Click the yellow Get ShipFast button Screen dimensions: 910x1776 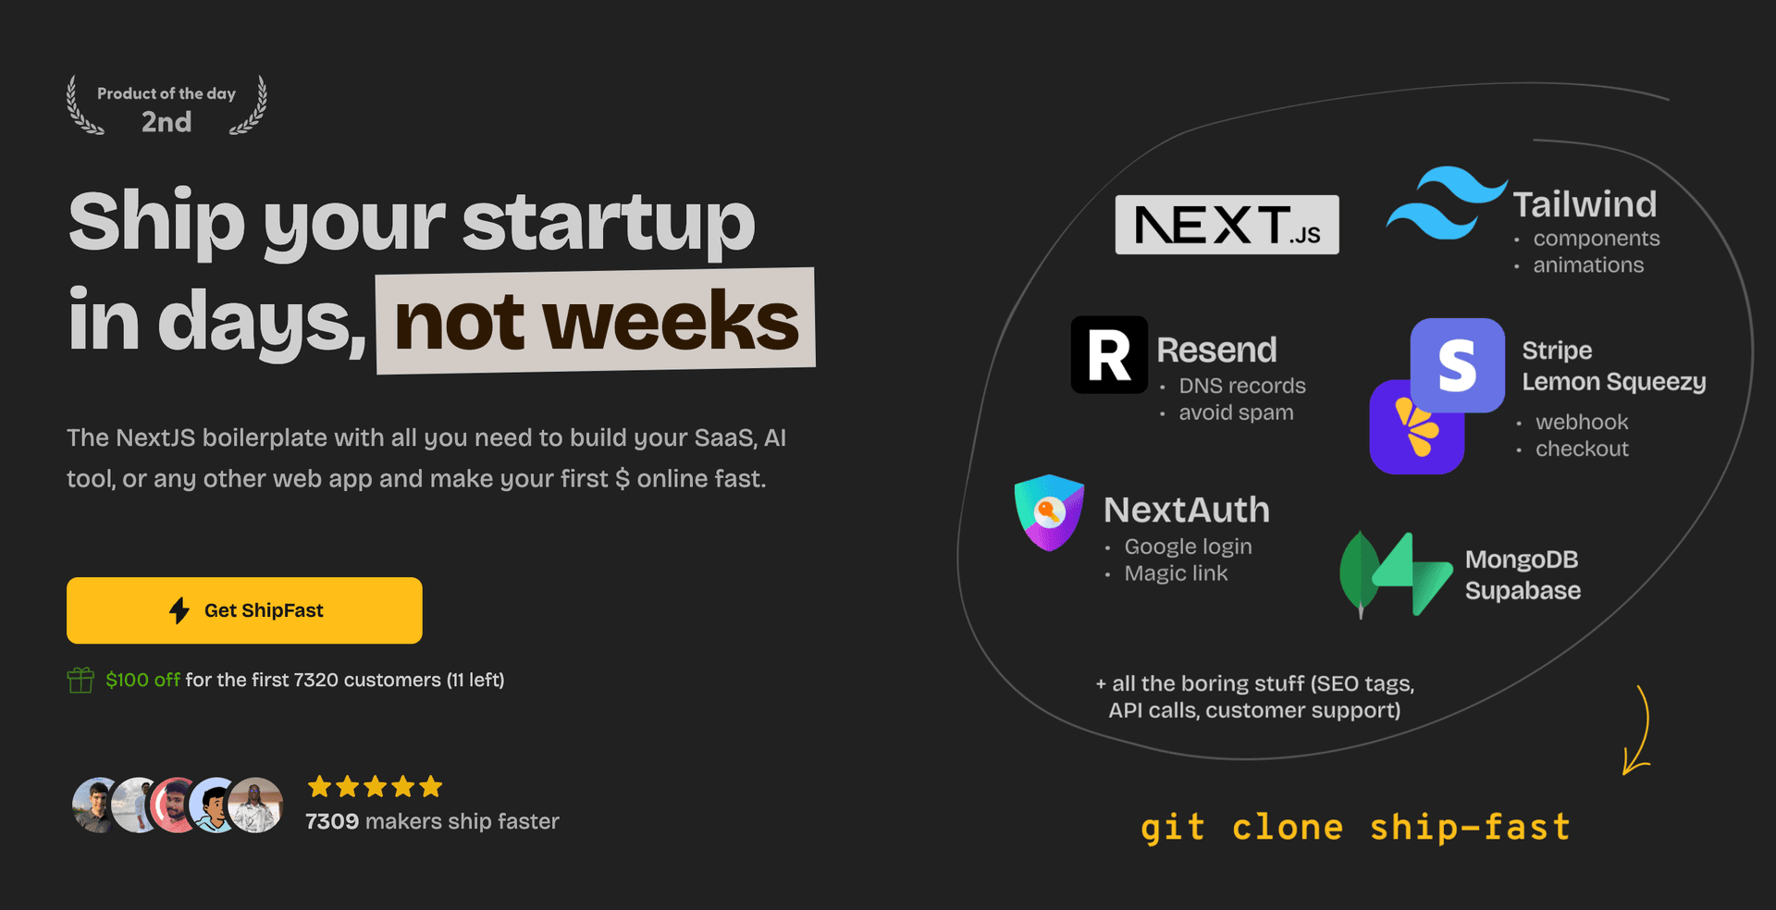[244, 610]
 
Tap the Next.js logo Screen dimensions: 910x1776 [1227, 225]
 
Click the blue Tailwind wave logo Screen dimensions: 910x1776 [1445, 203]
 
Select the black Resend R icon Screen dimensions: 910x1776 [1109, 355]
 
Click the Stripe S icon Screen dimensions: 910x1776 [1457, 364]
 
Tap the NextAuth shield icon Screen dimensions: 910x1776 [1049, 511]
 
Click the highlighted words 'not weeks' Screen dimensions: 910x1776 [596, 321]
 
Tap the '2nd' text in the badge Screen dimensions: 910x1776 [166, 122]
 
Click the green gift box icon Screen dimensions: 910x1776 [80, 681]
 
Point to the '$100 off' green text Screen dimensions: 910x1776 [142, 680]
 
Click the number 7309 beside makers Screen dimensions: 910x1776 [332, 821]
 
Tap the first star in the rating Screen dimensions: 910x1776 [320, 787]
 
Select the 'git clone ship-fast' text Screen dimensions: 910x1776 [1355, 827]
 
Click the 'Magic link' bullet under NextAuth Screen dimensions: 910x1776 [1176, 573]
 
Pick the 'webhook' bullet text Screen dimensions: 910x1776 [1582, 422]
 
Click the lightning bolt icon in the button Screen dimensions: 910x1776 [179, 610]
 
